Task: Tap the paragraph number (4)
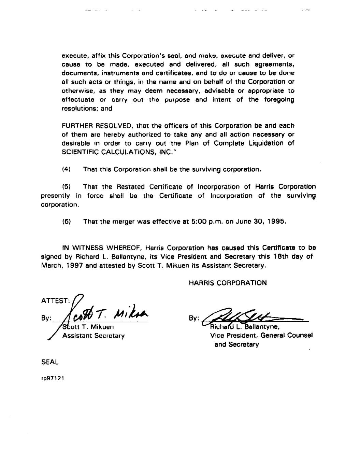(66, 169)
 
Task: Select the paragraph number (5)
(66, 187)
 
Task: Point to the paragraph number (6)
(66, 222)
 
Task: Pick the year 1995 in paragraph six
(276, 222)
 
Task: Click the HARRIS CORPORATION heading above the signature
(228, 283)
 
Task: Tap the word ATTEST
(55, 301)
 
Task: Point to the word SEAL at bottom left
(50, 362)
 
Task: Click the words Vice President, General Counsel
(261, 336)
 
